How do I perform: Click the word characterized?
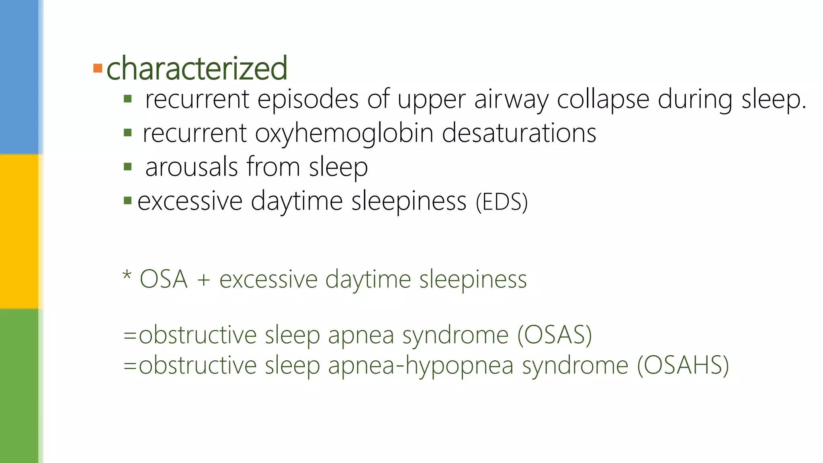point(197,68)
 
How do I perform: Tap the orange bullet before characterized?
point(98,68)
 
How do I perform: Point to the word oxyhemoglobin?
point(344,133)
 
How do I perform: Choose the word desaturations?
point(519,133)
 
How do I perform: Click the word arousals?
point(192,167)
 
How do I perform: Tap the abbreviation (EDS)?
point(502,202)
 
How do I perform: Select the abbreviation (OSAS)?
point(555,335)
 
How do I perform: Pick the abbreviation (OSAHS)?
point(683,365)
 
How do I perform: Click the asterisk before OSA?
point(127,276)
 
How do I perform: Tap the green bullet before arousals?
point(128,167)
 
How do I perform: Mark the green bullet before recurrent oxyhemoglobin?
point(128,133)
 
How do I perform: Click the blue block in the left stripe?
point(19,76)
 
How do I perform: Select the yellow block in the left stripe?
point(19,231)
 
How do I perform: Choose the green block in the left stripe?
point(19,386)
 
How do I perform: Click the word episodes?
point(308,99)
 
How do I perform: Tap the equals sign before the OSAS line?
point(130,335)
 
